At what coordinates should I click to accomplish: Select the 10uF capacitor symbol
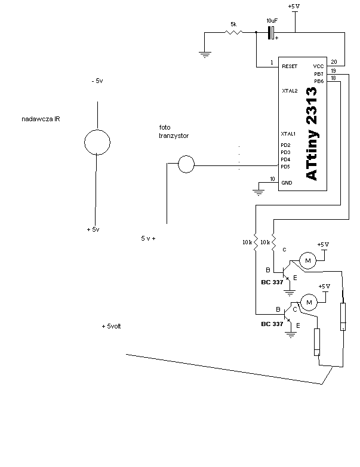(272, 32)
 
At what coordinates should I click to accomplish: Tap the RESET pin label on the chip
(290, 66)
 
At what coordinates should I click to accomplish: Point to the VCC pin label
(318, 66)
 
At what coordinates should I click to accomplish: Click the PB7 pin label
(319, 74)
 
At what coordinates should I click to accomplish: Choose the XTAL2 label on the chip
(290, 91)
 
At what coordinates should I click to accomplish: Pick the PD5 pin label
(285, 167)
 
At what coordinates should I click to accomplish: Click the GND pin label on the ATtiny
(287, 183)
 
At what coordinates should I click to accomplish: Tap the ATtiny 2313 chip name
(312, 134)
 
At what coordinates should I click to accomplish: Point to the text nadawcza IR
(41, 119)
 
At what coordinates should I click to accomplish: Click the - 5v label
(97, 81)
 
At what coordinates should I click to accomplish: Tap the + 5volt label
(111, 326)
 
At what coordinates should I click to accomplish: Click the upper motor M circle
(308, 260)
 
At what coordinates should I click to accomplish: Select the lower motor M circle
(309, 302)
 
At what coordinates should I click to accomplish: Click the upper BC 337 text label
(272, 282)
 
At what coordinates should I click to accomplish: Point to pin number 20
(334, 62)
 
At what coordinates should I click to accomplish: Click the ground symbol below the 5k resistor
(205, 54)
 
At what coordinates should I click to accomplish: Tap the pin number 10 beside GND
(272, 179)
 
